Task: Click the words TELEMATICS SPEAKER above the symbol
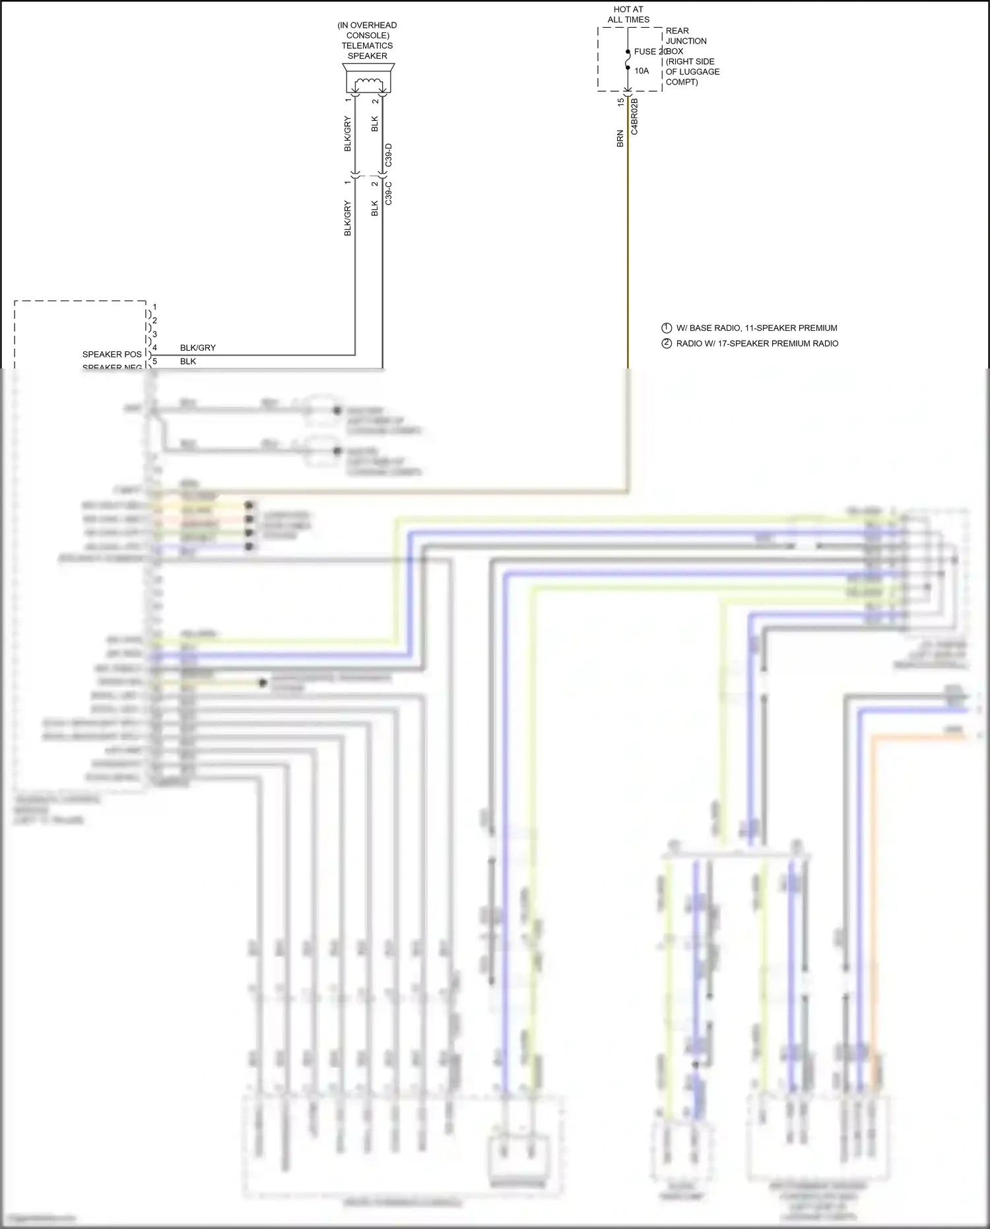click(367, 51)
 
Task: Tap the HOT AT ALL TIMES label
click(628, 15)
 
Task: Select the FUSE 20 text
click(649, 52)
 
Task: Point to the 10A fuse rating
click(642, 71)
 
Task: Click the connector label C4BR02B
click(634, 117)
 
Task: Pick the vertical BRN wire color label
click(620, 139)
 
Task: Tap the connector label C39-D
click(389, 155)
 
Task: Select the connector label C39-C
click(389, 193)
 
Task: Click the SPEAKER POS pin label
click(112, 355)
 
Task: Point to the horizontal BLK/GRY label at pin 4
click(197, 348)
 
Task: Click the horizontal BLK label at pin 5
click(187, 361)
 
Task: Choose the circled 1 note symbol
click(667, 328)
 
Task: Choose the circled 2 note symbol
click(667, 343)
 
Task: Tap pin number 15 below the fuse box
click(620, 102)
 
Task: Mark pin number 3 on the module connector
click(154, 334)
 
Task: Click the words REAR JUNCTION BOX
click(686, 41)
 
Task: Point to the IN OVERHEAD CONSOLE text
click(367, 30)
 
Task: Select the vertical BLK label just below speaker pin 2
click(374, 124)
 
